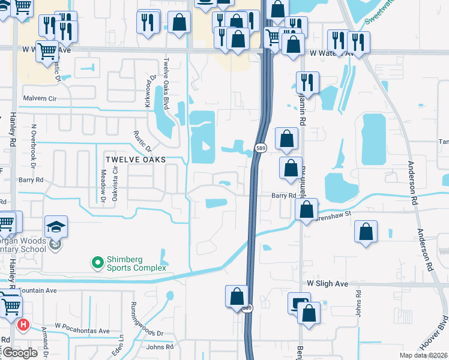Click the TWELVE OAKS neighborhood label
(x=135, y=160)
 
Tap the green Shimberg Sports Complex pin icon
(x=95, y=263)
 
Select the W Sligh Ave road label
(x=328, y=283)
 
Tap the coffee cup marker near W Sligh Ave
(x=298, y=303)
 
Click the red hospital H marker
(x=23, y=325)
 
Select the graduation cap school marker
(x=56, y=227)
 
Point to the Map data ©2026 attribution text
(x=423, y=355)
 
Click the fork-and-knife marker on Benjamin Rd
(x=307, y=82)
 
